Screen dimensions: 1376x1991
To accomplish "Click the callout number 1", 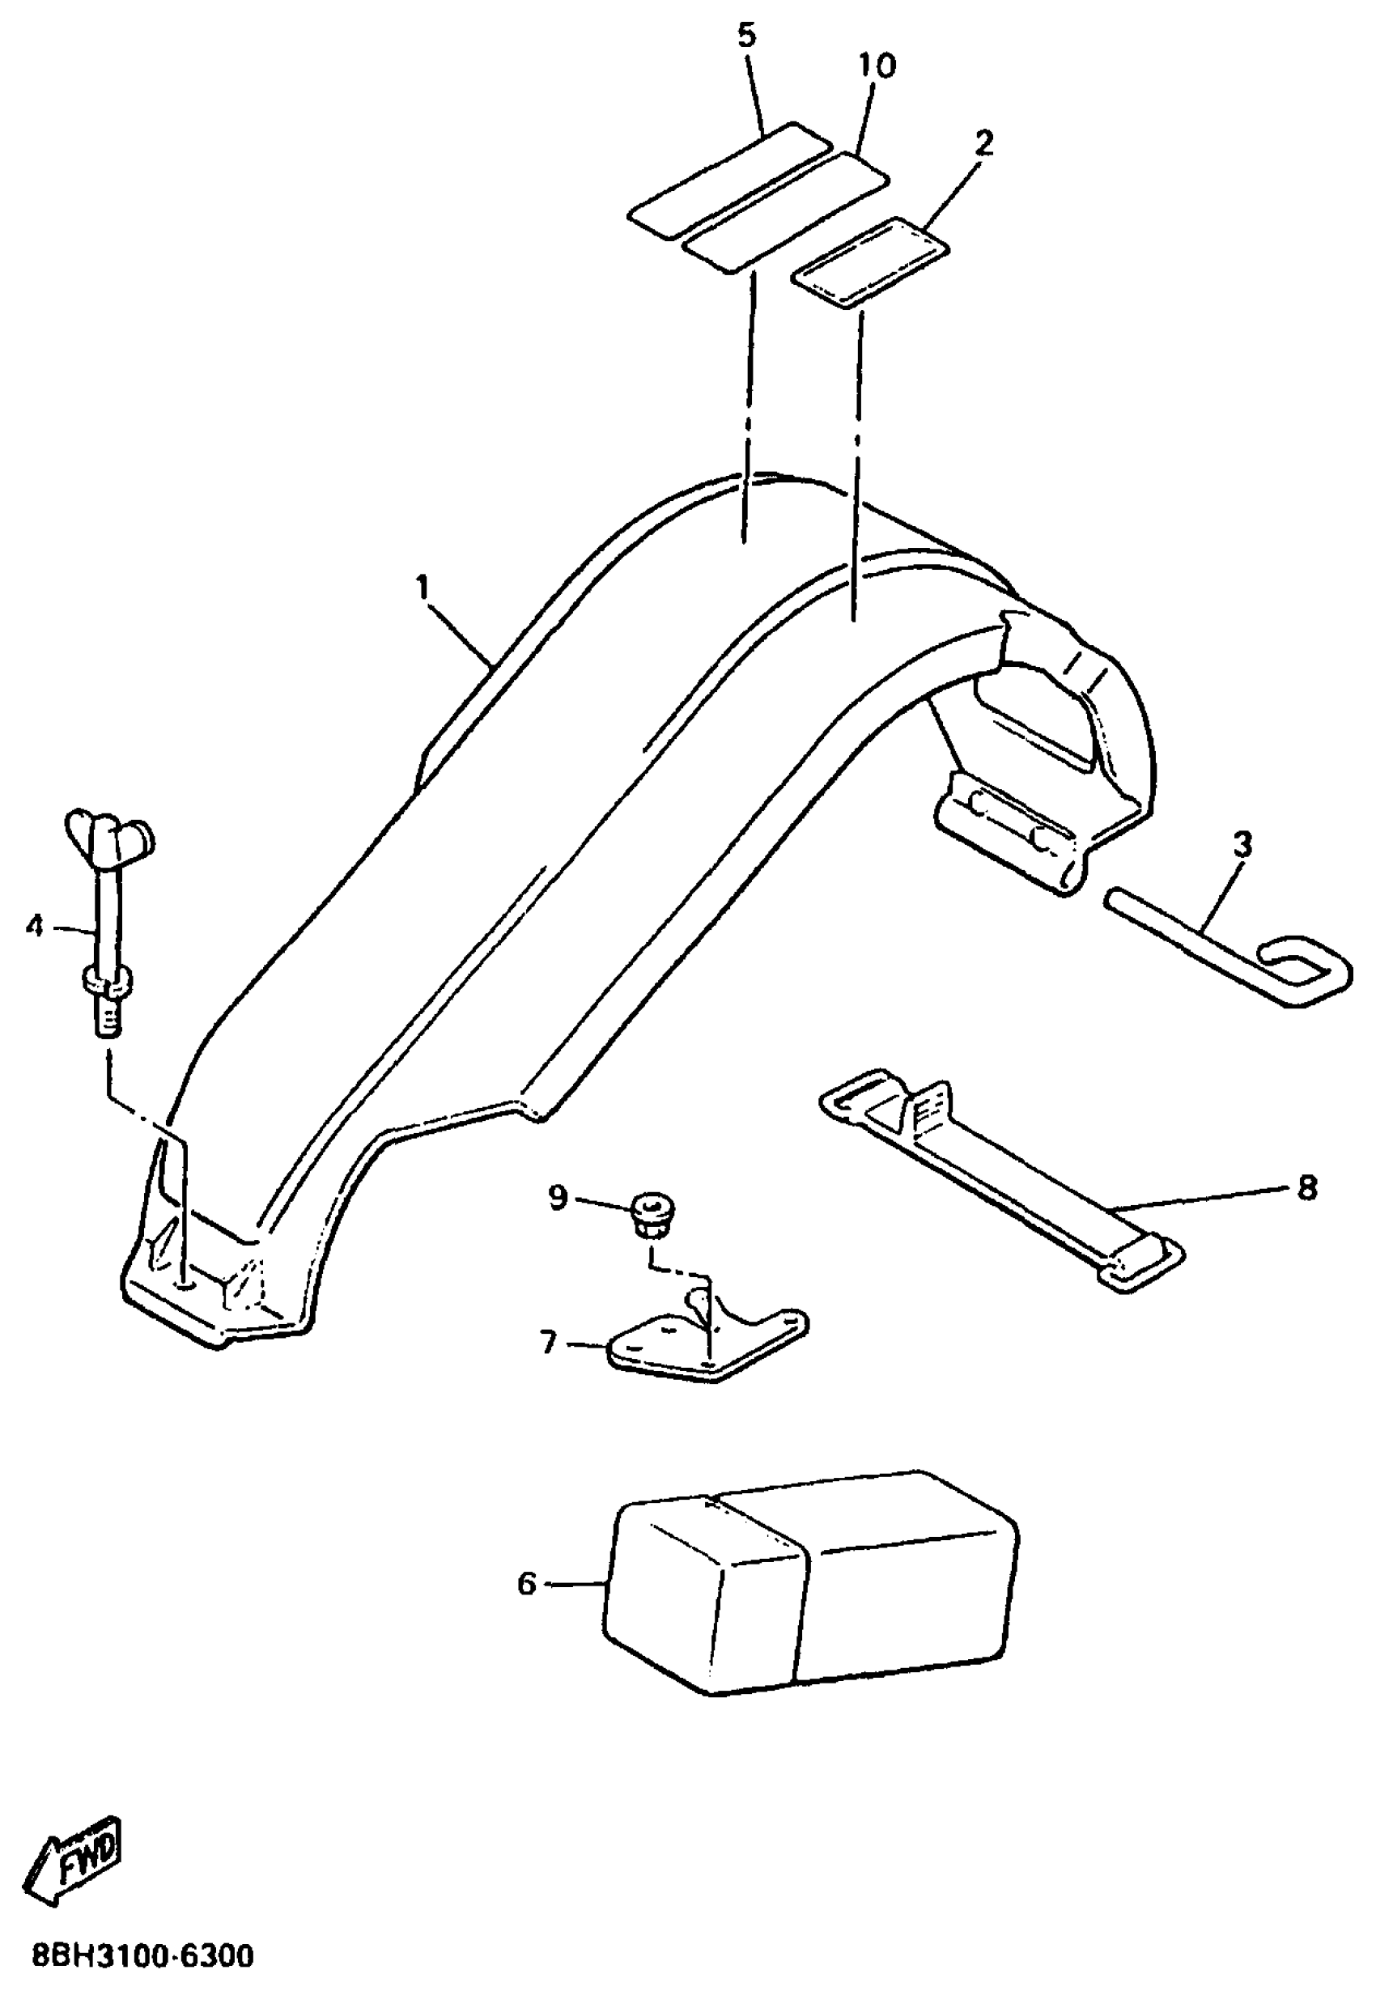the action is coord(422,588).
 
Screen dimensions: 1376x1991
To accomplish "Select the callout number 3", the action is coord(1242,845).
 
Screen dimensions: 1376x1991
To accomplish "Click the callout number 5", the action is coord(746,36).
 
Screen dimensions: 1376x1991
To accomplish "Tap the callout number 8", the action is coord(1307,1189).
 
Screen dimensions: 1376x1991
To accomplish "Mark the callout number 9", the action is coord(558,1197).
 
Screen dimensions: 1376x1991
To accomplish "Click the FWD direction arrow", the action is coord(76,1853).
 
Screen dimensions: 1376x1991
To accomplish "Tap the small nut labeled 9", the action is coord(652,1213).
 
